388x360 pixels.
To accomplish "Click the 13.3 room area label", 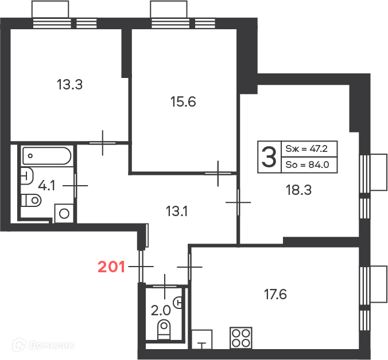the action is click(x=69, y=84).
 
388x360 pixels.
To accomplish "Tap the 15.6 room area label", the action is click(x=183, y=102).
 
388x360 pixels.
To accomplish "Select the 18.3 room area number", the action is click(x=298, y=190).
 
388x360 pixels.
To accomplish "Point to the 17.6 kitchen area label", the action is click(x=276, y=295).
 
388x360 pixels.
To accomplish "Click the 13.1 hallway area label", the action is click(x=177, y=212).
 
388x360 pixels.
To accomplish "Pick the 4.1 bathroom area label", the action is click(x=46, y=185).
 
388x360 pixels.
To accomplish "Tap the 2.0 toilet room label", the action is click(x=161, y=310).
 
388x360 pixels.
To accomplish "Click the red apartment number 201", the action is click(x=111, y=267).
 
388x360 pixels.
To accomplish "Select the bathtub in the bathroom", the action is click(x=46, y=156).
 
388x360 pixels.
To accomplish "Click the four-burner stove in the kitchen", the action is click(x=241, y=338).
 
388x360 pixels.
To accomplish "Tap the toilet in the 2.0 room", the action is click(x=164, y=330).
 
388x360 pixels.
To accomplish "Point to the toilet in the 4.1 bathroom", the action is click(x=31, y=201).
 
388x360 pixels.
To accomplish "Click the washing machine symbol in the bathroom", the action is click(x=64, y=213).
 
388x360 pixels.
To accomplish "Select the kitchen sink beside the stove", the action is click(x=202, y=339).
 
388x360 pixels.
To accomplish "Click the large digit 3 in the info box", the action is click(x=269, y=157).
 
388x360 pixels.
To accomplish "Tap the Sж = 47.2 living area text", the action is click(x=306, y=148).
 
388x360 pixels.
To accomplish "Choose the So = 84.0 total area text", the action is click(x=307, y=165).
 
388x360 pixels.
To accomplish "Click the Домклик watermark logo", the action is click(x=44, y=344).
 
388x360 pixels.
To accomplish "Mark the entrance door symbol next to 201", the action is click(x=141, y=267).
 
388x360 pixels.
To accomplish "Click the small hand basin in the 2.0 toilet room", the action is click(x=179, y=303).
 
